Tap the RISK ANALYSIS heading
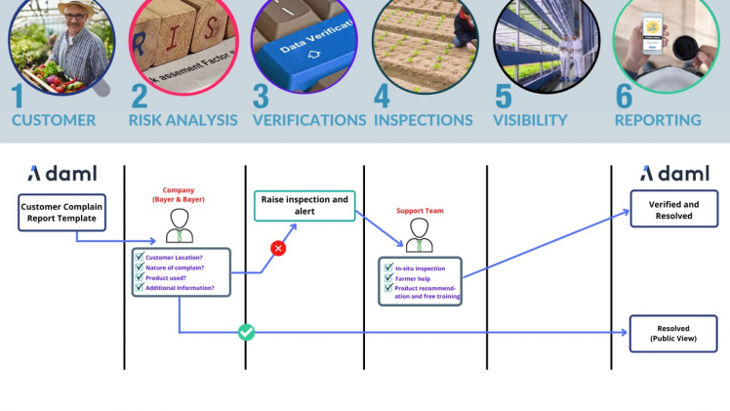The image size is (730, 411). [183, 120]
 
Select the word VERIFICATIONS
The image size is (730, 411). [309, 120]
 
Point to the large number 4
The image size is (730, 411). [382, 97]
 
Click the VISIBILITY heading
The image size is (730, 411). [531, 120]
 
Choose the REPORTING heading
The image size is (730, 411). [658, 120]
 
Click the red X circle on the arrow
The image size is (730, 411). [278, 249]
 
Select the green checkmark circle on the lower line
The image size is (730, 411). [247, 333]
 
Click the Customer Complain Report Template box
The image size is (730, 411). [61, 213]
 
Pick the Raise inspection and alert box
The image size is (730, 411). [305, 206]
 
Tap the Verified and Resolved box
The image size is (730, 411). [674, 210]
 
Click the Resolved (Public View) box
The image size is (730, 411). [673, 334]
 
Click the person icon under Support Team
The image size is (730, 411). [420, 234]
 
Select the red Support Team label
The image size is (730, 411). [420, 210]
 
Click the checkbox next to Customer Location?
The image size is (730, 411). [139, 257]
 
